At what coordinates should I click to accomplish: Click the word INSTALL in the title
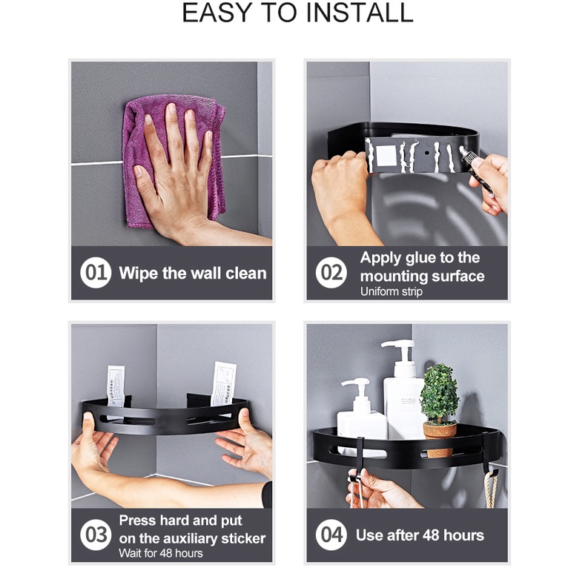[360, 13]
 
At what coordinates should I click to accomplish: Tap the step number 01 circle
[96, 273]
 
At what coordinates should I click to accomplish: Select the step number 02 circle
[331, 273]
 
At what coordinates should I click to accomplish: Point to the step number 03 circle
[96, 535]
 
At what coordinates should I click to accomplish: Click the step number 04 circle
[331, 535]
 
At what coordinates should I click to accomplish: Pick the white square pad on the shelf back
[386, 155]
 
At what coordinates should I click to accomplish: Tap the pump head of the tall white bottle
[398, 348]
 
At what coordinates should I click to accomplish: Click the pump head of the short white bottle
[357, 386]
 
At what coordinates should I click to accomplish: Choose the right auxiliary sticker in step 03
[222, 384]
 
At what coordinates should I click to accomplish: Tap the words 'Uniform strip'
[392, 291]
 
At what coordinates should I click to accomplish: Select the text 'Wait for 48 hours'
[160, 553]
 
